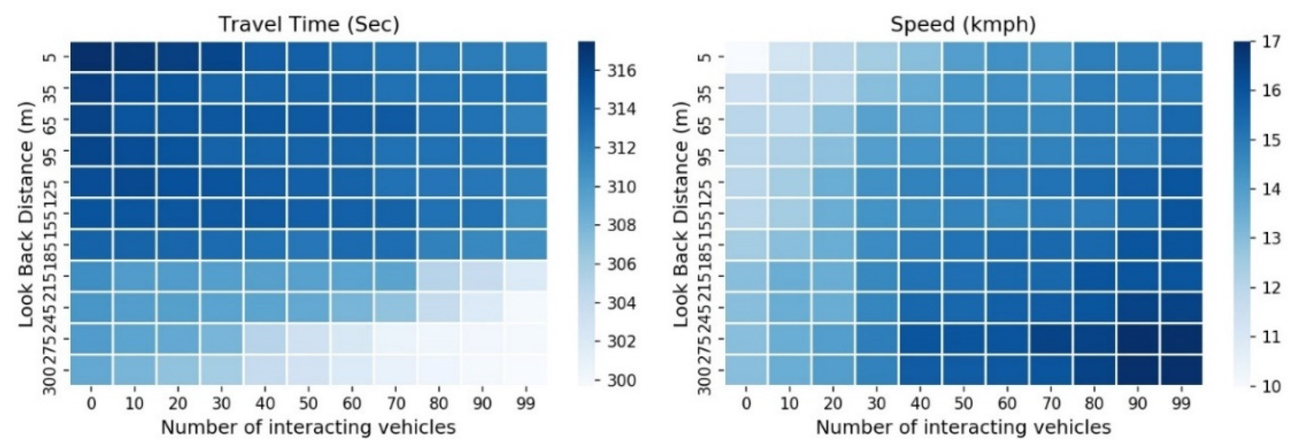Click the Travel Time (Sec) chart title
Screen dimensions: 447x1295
point(309,24)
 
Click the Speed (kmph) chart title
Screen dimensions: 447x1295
point(963,24)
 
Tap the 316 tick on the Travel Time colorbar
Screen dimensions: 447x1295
point(622,71)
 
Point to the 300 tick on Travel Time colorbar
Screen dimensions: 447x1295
point(622,381)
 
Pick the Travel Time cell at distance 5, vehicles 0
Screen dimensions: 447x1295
point(91,57)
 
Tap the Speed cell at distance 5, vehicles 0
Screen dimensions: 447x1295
point(746,57)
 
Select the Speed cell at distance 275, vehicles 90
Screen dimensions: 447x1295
point(1137,339)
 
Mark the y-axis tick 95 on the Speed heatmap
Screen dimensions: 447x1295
point(706,151)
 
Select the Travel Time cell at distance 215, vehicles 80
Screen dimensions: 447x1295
point(438,276)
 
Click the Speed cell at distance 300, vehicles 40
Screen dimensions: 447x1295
point(920,370)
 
